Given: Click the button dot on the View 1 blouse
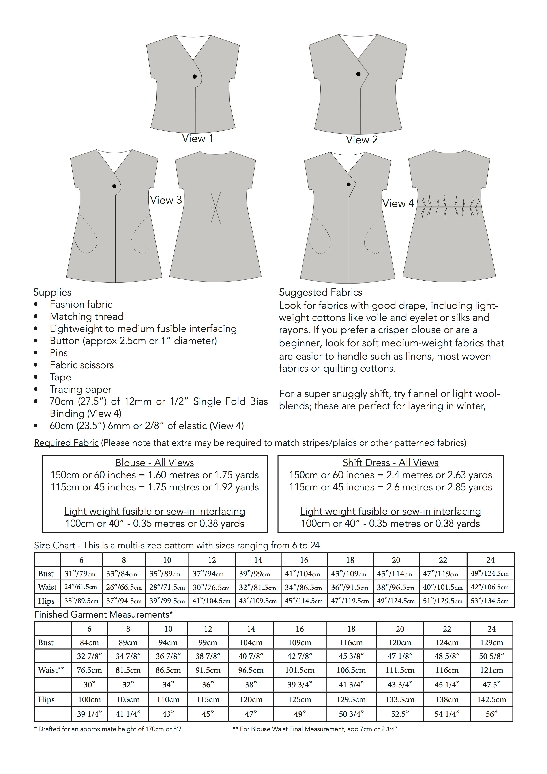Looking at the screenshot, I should click(x=194, y=77).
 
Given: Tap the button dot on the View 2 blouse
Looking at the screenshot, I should click(x=358, y=74).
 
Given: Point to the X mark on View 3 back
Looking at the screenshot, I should click(x=215, y=208).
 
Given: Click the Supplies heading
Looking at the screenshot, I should click(x=52, y=292).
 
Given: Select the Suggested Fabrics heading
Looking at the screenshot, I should click(x=320, y=292).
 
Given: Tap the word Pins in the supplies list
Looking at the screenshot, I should click(x=59, y=353).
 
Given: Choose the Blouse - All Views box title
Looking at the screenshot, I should click(x=155, y=463).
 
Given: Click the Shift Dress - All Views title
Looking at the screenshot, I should click(x=390, y=463).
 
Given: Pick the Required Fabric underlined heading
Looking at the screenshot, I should click(x=66, y=443).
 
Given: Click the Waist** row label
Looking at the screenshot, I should click(x=51, y=670).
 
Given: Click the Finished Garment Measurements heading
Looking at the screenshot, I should click(x=101, y=615).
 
